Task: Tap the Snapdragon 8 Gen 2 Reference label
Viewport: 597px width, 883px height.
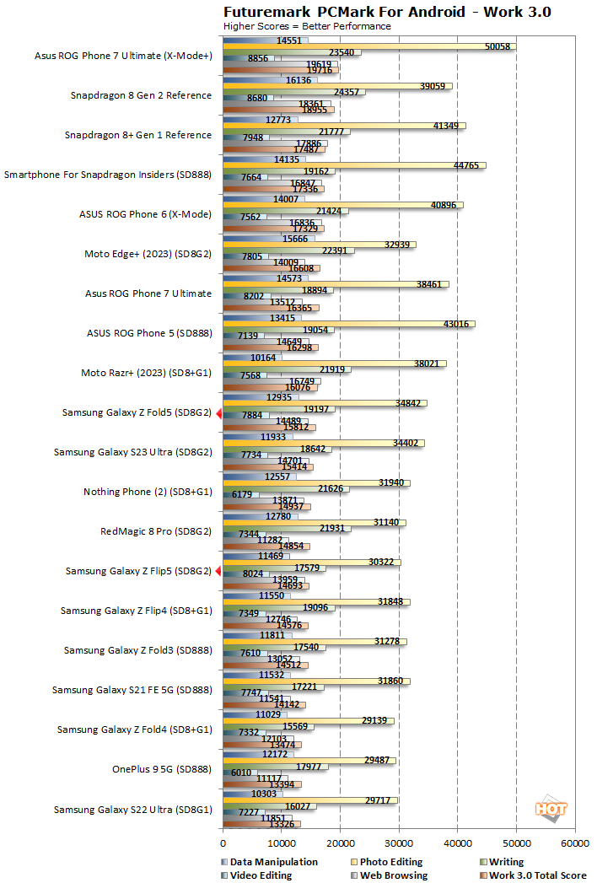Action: (141, 95)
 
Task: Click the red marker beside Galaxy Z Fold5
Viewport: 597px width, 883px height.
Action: (218, 413)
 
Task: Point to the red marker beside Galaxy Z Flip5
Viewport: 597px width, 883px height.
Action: (218, 572)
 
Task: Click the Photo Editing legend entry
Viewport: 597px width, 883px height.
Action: (394, 862)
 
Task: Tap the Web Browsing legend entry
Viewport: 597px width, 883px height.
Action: (394, 875)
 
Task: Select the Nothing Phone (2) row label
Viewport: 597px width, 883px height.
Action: (148, 492)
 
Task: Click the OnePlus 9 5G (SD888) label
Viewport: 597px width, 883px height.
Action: (162, 769)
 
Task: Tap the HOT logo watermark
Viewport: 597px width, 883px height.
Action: (551, 807)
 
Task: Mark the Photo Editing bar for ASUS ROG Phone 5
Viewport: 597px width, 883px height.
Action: (348, 324)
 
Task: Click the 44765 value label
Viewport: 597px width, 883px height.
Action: (465, 165)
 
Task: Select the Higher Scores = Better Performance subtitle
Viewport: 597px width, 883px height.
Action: (306, 26)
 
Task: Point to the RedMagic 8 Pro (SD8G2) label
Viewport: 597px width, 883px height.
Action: (156, 532)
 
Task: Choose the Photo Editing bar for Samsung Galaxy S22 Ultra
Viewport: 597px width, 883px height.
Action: (309, 800)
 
